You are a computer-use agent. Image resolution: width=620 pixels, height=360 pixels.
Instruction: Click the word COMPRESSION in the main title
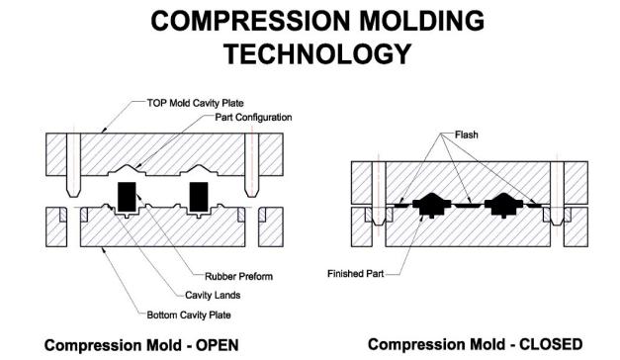pos(250,21)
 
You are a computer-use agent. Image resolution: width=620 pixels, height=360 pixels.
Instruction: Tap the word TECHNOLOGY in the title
pos(317,53)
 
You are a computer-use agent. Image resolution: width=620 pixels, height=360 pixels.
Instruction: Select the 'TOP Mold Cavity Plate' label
pos(196,103)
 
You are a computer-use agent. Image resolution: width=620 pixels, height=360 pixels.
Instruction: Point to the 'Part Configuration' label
pos(253,118)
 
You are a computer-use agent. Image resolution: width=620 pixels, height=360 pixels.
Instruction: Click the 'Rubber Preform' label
pos(239,276)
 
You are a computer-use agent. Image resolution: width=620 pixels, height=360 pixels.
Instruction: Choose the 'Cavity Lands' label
pos(213,295)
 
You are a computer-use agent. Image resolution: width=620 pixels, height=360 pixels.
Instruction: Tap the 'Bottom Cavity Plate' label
pos(189,315)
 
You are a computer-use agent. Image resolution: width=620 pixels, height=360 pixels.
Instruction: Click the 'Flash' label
pos(467,135)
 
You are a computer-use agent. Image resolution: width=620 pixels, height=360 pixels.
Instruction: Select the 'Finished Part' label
pos(355,274)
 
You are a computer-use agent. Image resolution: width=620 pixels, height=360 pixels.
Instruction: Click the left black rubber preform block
pos(127,196)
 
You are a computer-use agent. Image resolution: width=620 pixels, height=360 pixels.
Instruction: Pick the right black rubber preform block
pos(199,196)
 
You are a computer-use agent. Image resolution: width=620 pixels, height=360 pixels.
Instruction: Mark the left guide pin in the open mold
pos(73,165)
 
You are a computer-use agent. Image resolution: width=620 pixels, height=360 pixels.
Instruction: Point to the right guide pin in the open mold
pos(251,165)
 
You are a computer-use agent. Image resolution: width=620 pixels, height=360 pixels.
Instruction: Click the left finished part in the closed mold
pos(432,205)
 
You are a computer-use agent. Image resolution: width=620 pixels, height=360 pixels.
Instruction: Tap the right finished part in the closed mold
pos(503,205)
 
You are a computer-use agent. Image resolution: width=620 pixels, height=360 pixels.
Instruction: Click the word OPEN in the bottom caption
pos(218,345)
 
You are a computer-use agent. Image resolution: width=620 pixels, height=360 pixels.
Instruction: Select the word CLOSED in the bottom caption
pos(551,344)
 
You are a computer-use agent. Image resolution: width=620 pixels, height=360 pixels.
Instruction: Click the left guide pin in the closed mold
pos(379,194)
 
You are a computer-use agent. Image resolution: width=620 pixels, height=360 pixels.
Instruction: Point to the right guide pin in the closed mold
pos(557,194)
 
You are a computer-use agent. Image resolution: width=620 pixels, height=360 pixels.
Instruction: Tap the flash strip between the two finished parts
pos(468,205)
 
